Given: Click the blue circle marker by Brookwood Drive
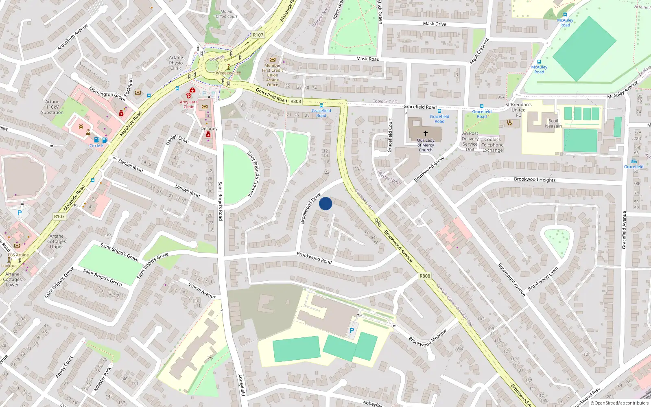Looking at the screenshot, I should click(325, 203).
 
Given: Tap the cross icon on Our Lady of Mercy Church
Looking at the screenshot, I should click(426, 133).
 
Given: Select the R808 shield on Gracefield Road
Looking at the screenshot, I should click(296, 101).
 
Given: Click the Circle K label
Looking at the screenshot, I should click(96, 146).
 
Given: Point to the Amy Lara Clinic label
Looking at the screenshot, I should click(188, 105).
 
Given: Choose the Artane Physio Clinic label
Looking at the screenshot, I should click(176, 63).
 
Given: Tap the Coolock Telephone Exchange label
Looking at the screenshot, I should click(492, 145).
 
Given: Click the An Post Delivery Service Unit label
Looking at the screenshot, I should click(470, 141).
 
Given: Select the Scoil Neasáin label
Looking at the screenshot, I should click(553, 123).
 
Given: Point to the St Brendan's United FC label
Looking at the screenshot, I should click(518, 110).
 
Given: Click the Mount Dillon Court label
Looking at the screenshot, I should click(227, 14).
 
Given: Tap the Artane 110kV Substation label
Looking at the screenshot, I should click(52, 107).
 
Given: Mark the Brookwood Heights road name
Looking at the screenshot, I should click(535, 179).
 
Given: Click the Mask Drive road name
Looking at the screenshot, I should click(435, 24).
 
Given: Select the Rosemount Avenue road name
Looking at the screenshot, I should click(511, 280).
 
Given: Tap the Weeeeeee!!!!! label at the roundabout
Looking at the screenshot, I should click(228, 73).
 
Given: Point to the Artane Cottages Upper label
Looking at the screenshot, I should click(57, 241).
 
